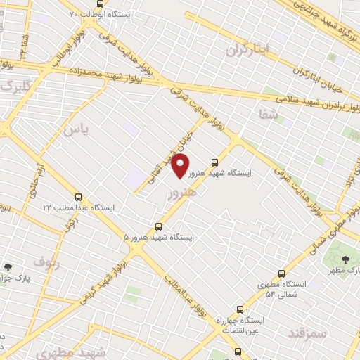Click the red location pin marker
(181, 167)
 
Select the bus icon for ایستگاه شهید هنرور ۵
(158, 226)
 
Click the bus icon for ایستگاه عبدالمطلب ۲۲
(78, 198)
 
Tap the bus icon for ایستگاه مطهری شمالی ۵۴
(282, 274)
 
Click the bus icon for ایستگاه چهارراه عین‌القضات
(240, 309)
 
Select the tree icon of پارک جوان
(8, 267)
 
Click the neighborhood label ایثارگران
(250, 49)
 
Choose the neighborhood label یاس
(76, 129)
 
